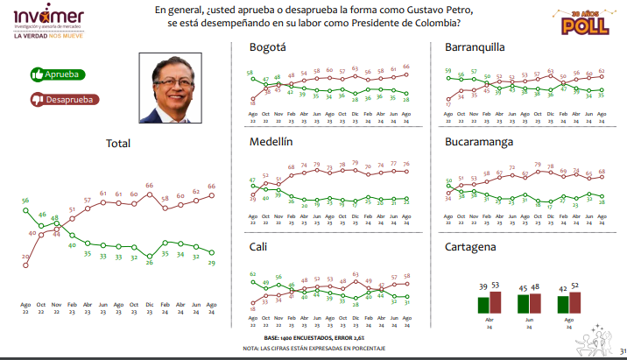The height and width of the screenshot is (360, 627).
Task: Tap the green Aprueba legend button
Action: point(54,75)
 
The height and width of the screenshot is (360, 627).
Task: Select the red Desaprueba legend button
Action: point(64,100)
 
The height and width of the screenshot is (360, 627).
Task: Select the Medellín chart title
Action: point(272,141)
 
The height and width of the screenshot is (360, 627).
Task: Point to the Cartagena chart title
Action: point(470,247)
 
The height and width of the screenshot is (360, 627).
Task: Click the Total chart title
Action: point(118,144)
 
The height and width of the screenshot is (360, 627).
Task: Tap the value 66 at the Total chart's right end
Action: point(211,187)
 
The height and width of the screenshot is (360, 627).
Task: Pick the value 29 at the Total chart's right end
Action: point(211,262)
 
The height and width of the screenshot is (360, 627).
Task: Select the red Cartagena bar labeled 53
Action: point(496,302)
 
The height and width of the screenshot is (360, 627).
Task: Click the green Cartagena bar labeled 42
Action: point(563,304)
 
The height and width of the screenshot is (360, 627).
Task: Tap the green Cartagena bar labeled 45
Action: point(523,303)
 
